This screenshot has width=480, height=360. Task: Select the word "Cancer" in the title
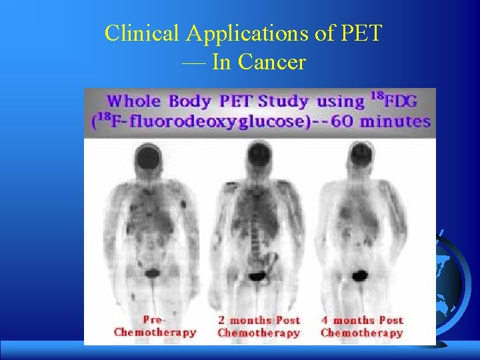point(272,63)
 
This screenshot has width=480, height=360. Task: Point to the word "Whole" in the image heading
point(133,102)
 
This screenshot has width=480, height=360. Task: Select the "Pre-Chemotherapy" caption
point(155,326)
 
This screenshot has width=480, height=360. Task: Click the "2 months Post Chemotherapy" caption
point(259,326)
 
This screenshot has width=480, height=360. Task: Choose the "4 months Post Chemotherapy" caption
point(362,326)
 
